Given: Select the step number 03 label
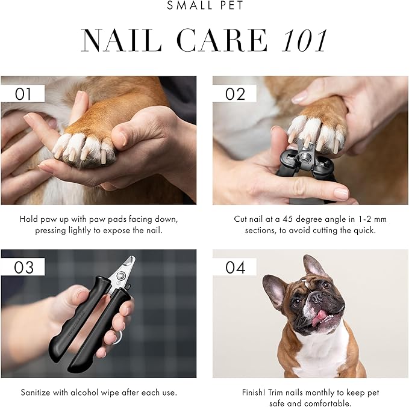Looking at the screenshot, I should click(22, 267).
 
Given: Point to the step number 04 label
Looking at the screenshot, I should click(235, 267).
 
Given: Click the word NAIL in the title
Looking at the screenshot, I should click(120, 41).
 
